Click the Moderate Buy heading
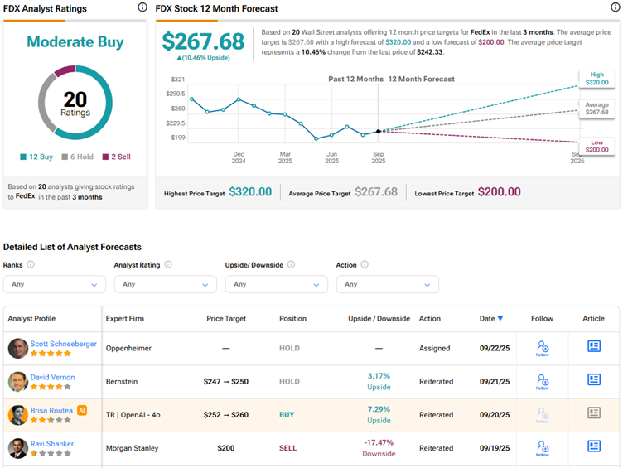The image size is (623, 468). [x=75, y=41]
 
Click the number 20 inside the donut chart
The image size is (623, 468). [x=75, y=99]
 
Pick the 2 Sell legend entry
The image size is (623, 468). [x=117, y=157]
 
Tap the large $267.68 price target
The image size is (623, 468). [x=203, y=42]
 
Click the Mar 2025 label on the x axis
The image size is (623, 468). [x=285, y=158]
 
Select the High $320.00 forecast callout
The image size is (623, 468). [x=597, y=79]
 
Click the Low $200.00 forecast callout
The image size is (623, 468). [x=597, y=146]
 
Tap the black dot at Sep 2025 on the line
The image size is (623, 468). [x=379, y=131]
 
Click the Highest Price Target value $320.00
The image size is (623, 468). [x=250, y=192]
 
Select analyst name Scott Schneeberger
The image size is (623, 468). [x=64, y=343]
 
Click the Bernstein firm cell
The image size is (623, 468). [x=123, y=382]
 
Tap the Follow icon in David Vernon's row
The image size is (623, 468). [x=543, y=382]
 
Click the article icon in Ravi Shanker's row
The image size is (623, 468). [x=593, y=446]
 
